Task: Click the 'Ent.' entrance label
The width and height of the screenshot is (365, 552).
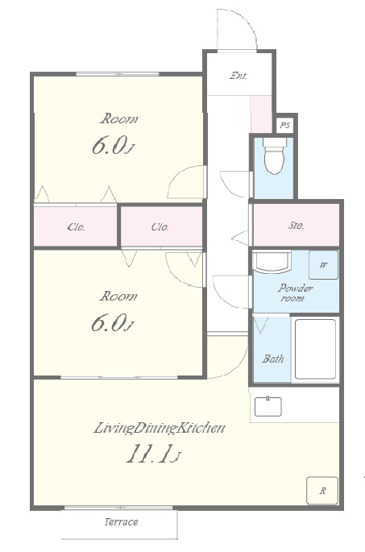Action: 238,75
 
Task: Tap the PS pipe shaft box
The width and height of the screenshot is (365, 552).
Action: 285,125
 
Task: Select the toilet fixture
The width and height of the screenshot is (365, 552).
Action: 274,156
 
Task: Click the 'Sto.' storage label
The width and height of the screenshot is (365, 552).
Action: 296,226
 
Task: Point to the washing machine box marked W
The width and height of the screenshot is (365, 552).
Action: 323,265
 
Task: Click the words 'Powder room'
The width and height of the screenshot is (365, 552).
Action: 295,293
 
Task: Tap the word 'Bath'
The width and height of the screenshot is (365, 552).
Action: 273,359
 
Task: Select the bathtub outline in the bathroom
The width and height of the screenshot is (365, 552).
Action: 315,349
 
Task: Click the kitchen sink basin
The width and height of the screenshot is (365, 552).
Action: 268,406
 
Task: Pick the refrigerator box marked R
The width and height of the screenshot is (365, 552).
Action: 322,491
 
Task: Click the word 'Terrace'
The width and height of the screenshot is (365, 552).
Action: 121,521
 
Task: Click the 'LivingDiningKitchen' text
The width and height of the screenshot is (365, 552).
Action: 160,428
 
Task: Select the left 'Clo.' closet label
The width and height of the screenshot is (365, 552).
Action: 76,227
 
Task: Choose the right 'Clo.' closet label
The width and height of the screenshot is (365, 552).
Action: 160,227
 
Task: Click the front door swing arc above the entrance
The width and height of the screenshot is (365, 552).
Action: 246,22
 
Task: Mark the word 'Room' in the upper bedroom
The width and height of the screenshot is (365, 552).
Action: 119,118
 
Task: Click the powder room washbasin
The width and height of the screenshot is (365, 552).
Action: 272,262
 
